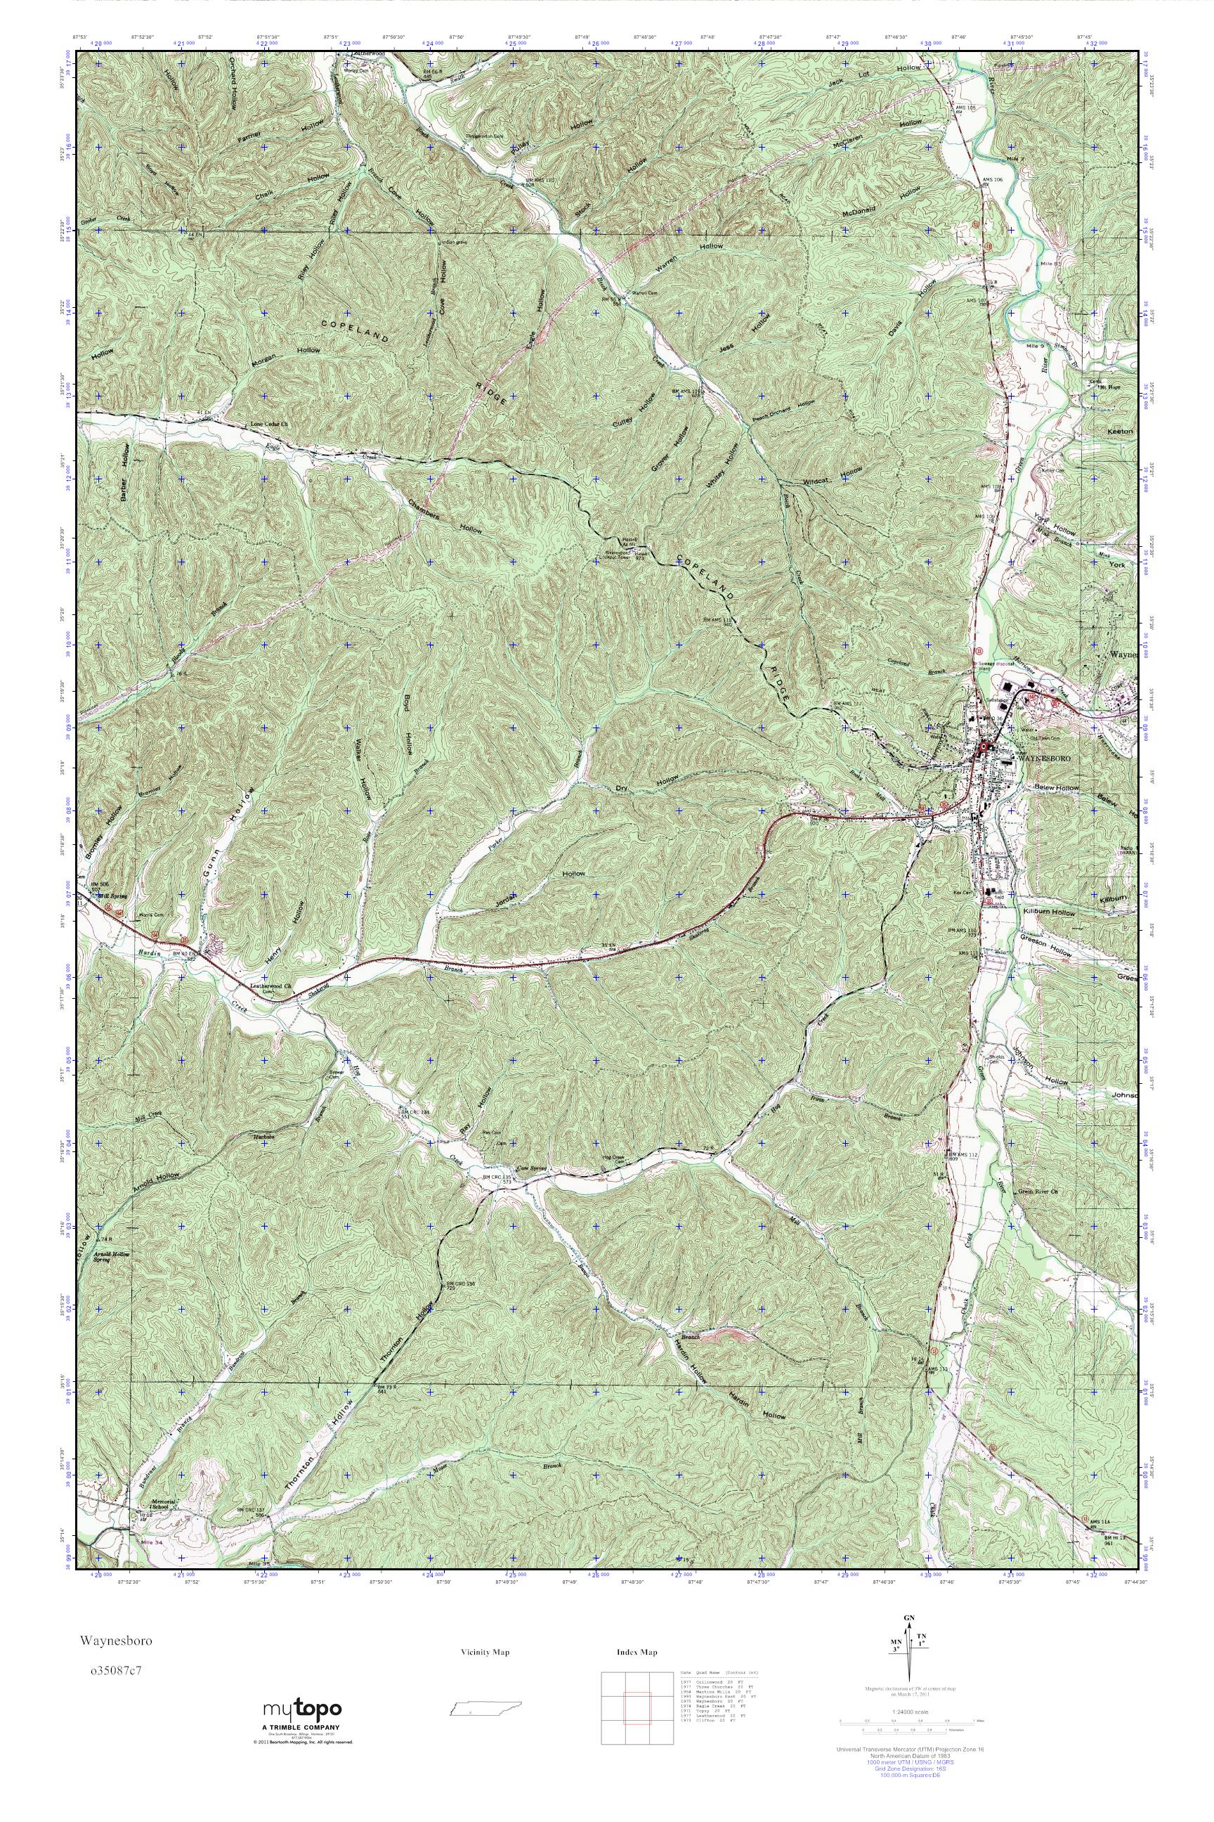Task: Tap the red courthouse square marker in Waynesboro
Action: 984,747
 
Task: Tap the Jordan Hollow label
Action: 542,886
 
